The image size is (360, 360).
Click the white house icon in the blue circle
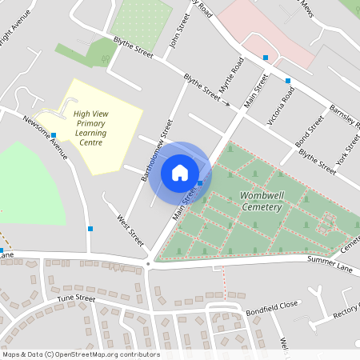pos(180,172)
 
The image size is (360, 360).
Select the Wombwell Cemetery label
pos(260,202)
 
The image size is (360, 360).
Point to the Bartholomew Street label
pos(157,150)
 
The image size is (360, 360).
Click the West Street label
pos(130,230)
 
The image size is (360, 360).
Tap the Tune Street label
pos(76,298)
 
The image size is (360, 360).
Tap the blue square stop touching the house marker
pos(200,183)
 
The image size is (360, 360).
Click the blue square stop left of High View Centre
pos(53,135)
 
